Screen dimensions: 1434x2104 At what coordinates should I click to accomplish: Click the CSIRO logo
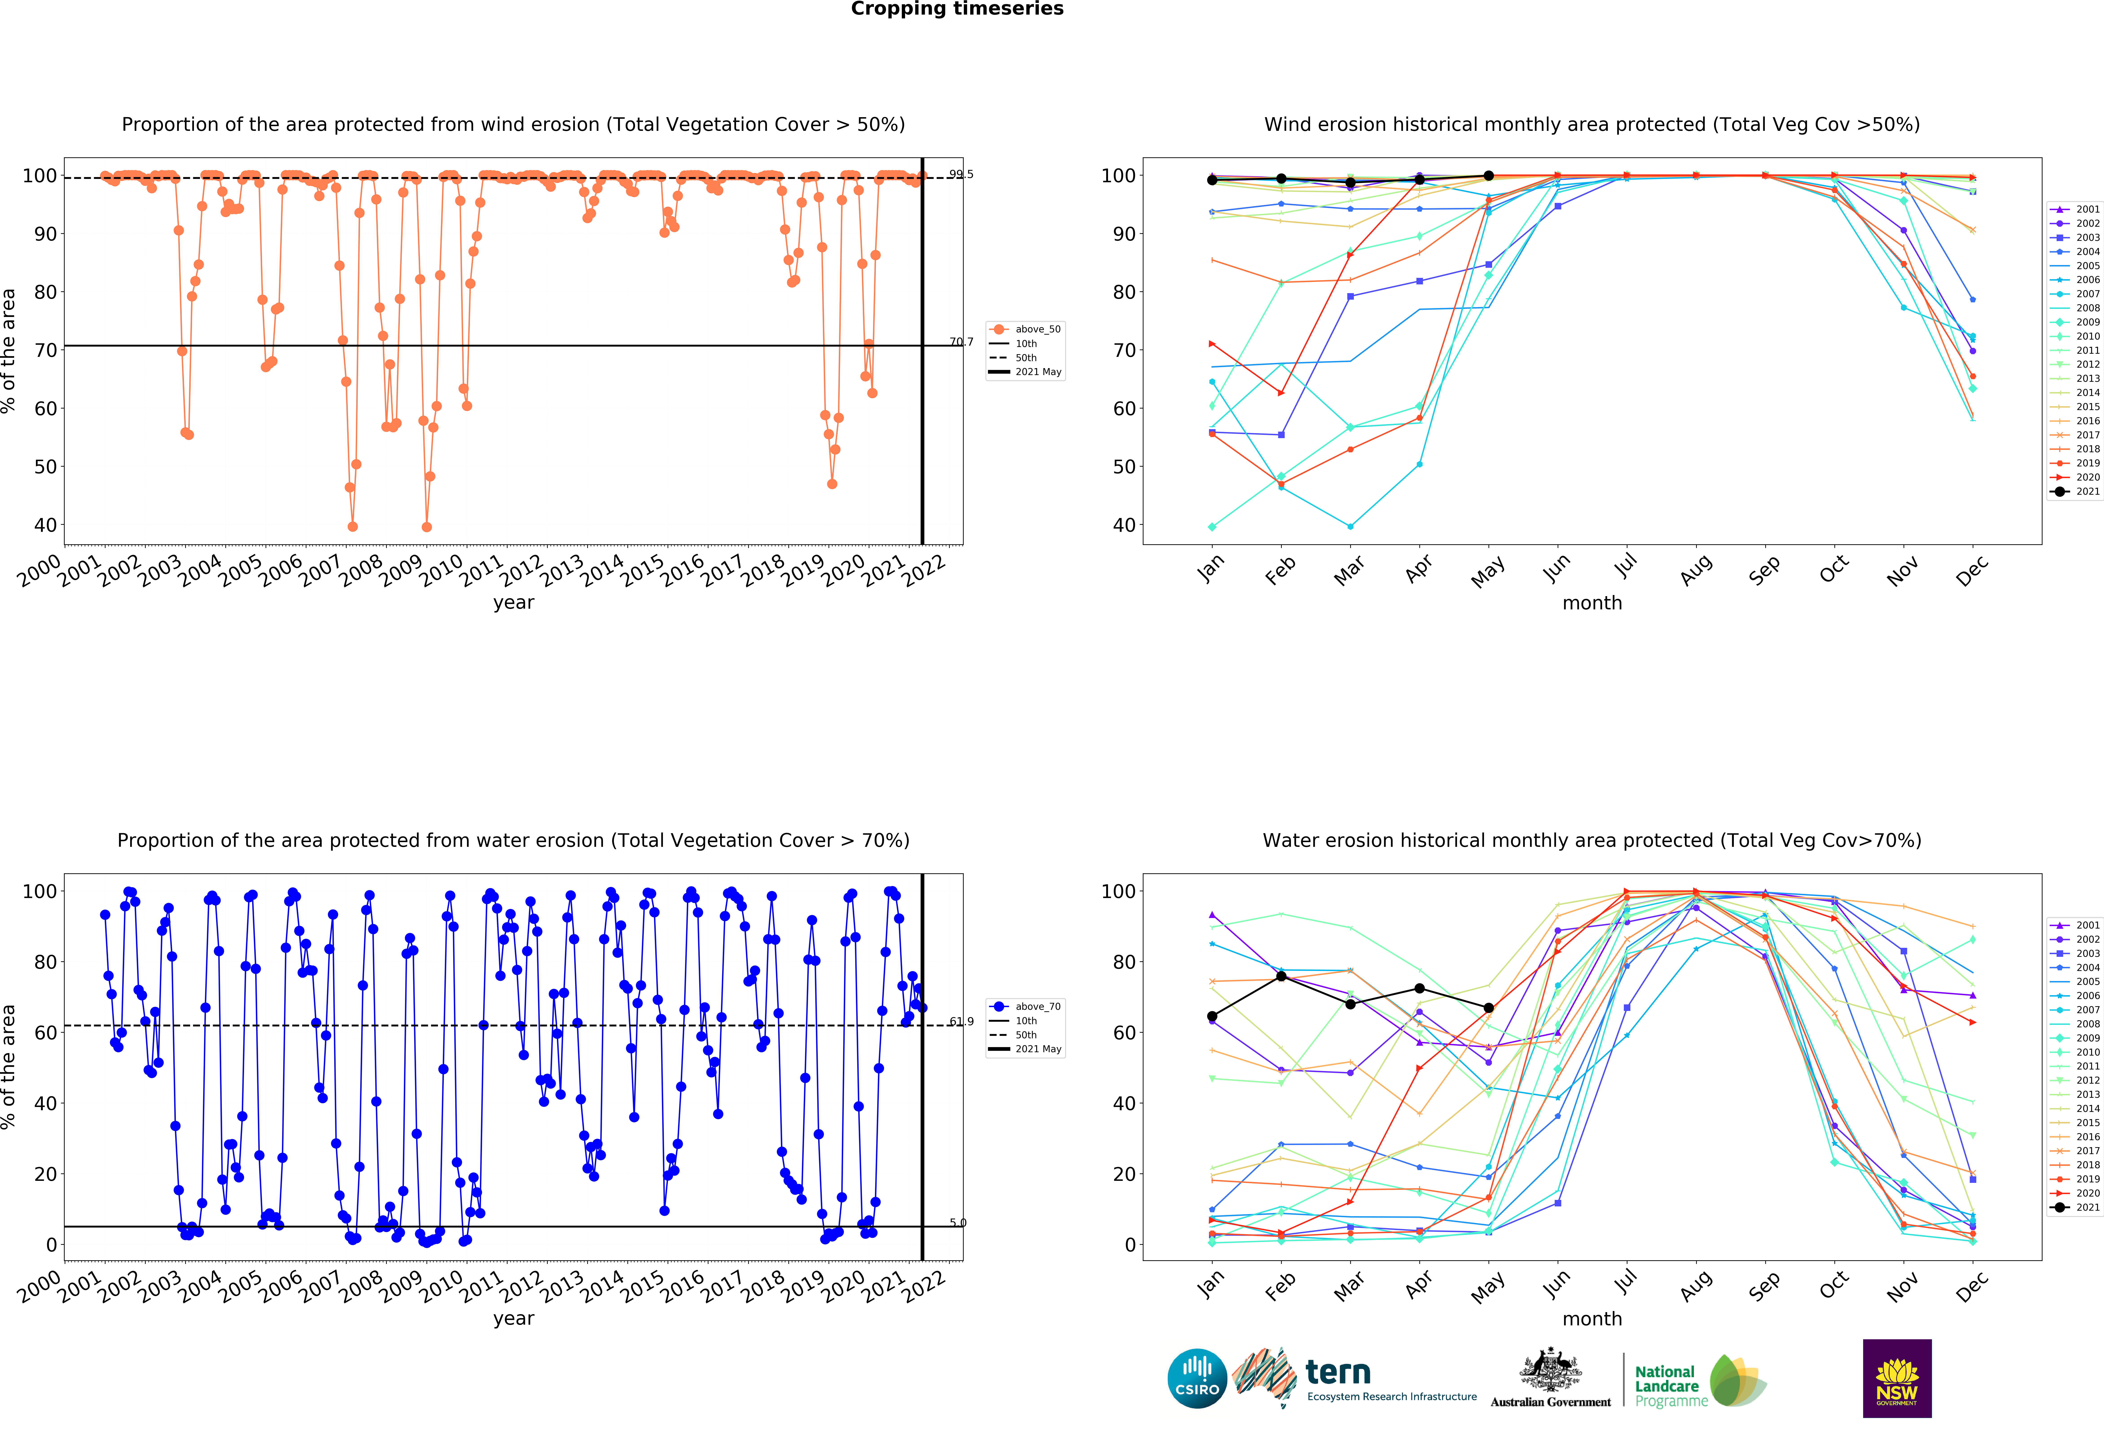click(x=1197, y=1379)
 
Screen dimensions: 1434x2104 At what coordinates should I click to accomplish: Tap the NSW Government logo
click(x=1897, y=1378)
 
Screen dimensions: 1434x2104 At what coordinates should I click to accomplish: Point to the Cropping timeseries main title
click(x=957, y=9)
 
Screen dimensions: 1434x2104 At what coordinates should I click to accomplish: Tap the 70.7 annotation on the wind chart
click(x=961, y=342)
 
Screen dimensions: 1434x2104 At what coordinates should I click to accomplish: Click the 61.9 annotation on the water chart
click(x=961, y=1022)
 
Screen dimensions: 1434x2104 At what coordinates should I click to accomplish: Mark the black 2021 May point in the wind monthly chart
click(x=1488, y=176)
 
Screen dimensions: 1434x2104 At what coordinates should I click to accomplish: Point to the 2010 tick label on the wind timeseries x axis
click(x=441, y=570)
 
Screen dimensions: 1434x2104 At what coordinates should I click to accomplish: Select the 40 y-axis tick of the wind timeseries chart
click(x=45, y=525)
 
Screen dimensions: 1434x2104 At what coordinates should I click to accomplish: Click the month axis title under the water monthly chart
click(x=1592, y=1319)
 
